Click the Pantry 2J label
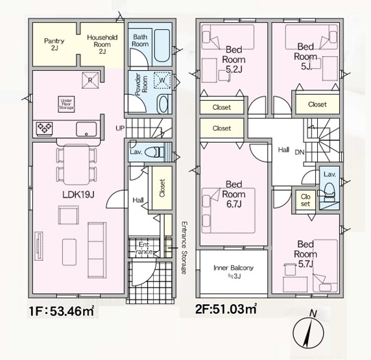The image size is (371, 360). tap(54, 45)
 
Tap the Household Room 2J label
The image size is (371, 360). tap(102, 44)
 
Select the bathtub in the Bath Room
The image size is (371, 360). tap(162, 45)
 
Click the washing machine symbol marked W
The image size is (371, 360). tap(162, 80)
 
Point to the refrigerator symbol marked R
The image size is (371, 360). tap(90, 80)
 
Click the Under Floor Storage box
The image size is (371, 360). tap(67, 104)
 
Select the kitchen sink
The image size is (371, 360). tap(86, 129)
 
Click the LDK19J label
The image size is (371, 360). tap(78, 195)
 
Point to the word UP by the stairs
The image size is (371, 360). tap(120, 128)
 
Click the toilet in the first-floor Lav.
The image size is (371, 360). tap(154, 152)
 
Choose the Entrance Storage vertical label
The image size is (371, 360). tap(184, 248)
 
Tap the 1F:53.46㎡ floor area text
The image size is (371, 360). tap(62, 311)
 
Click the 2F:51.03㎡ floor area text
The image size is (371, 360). tap(226, 309)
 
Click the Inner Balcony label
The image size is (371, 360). tap(233, 272)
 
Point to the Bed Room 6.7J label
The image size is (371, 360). tap(233, 194)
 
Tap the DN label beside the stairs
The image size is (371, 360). tap(300, 152)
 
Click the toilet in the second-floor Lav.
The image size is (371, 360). tap(329, 191)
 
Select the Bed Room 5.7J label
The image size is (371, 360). tap(305, 254)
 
